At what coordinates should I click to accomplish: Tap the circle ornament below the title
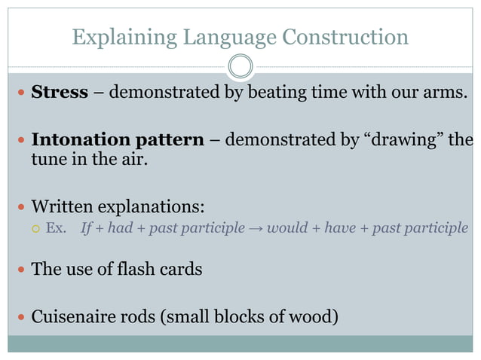pyautogui.click(x=240, y=67)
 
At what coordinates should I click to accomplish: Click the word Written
pyautogui.click(x=64, y=206)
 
